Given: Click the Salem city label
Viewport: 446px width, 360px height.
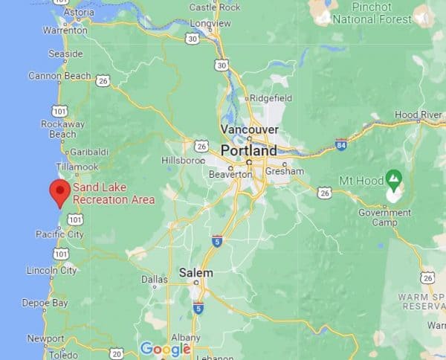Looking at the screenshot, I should click(195, 273).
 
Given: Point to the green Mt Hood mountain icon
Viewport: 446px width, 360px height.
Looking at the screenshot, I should click(394, 179).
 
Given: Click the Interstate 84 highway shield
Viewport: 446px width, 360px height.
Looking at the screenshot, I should click(340, 145).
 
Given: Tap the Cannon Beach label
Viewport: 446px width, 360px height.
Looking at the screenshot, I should click(59, 75).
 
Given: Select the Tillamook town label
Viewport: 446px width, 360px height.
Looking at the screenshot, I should click(77, 167).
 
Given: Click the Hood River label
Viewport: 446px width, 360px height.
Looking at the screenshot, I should click(419, 115).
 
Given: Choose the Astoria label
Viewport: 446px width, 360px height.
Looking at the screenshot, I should click(79, 13).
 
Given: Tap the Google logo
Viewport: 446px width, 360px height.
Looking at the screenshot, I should click(165, 348).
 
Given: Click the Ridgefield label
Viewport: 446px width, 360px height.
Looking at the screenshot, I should click(271, 97).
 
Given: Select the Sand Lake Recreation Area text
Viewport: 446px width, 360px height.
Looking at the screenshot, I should click(113, 194).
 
